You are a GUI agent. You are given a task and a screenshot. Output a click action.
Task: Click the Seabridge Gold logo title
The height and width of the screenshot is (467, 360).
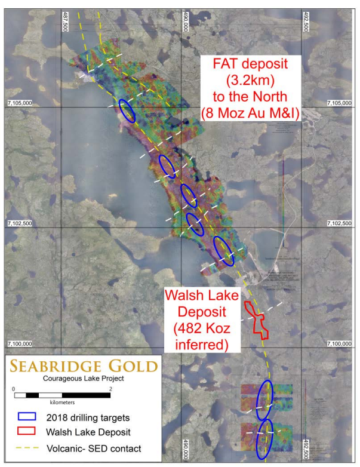83,366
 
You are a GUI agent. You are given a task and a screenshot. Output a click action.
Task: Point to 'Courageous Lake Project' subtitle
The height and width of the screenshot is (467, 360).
83,379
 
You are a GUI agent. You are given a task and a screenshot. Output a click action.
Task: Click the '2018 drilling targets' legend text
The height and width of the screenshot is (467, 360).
90,417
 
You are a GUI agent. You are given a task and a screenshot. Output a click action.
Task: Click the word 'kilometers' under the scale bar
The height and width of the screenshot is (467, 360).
62,403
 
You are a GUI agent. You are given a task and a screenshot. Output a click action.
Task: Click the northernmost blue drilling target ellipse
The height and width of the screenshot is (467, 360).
127,110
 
